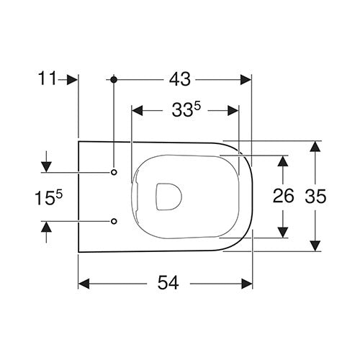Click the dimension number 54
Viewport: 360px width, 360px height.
168,283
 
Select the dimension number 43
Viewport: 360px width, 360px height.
180,79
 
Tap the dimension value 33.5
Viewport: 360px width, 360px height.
186,109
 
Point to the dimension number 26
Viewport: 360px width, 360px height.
284,195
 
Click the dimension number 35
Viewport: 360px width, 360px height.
315,196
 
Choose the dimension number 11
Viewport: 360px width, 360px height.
48,78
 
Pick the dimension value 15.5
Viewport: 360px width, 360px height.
49,197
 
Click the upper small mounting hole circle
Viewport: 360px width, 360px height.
114,172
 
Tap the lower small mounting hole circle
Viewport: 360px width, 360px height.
114,221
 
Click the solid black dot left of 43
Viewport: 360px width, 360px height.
114,79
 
